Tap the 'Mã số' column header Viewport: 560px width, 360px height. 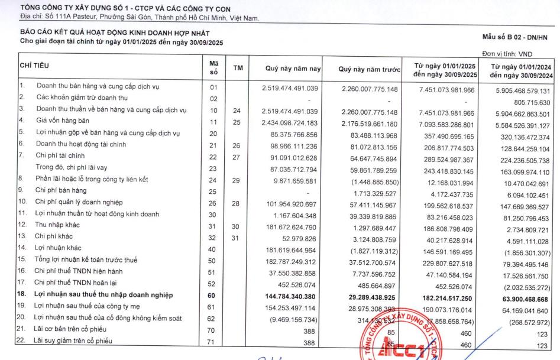[213, 68]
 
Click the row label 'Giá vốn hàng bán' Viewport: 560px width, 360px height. [64, 122]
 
